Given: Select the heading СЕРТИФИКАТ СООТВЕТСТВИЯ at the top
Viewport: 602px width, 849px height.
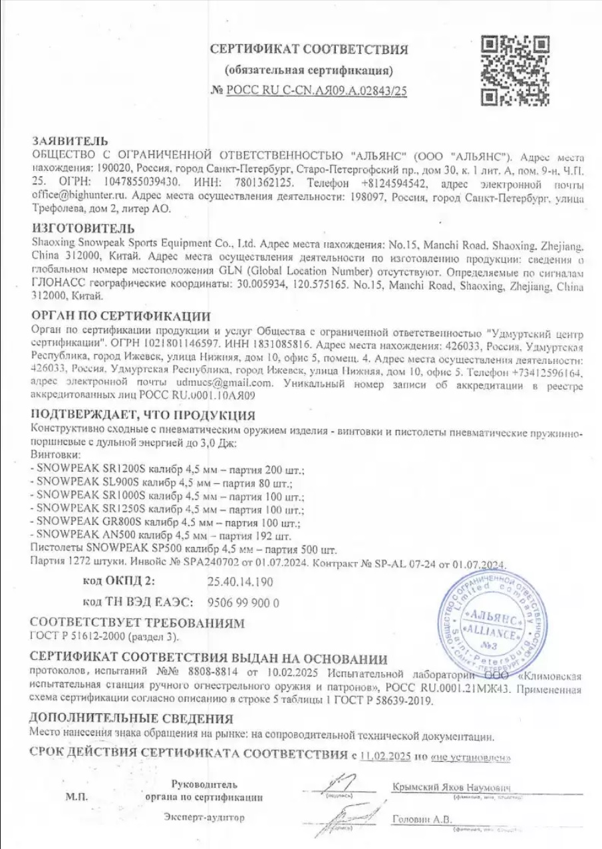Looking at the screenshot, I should pyautogui.click(x=309, y=49).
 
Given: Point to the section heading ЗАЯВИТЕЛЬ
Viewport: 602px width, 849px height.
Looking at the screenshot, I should pyautogui.click(x=69, y=142).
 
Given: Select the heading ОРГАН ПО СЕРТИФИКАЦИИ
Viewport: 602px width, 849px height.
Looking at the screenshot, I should pyautogui.click(x=120, y=316).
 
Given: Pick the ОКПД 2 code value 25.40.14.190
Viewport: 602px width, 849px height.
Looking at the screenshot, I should pyautogui.click(x=239, y=582).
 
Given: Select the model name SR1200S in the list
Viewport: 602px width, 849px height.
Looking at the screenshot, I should pyautogui.click(x=117, y=470).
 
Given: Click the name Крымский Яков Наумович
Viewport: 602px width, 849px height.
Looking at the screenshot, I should pyautogui.click(x=451, y=786).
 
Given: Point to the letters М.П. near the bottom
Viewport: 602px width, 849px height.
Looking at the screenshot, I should pyautogui.click(x=75, y=796).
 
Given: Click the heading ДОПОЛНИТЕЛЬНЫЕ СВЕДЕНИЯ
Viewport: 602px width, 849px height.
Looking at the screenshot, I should pyautogui.click(x=131, y=719).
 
